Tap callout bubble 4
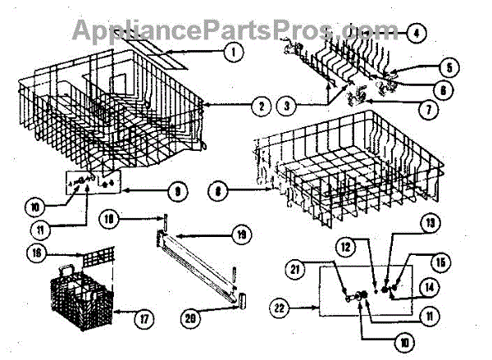point(417,34)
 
